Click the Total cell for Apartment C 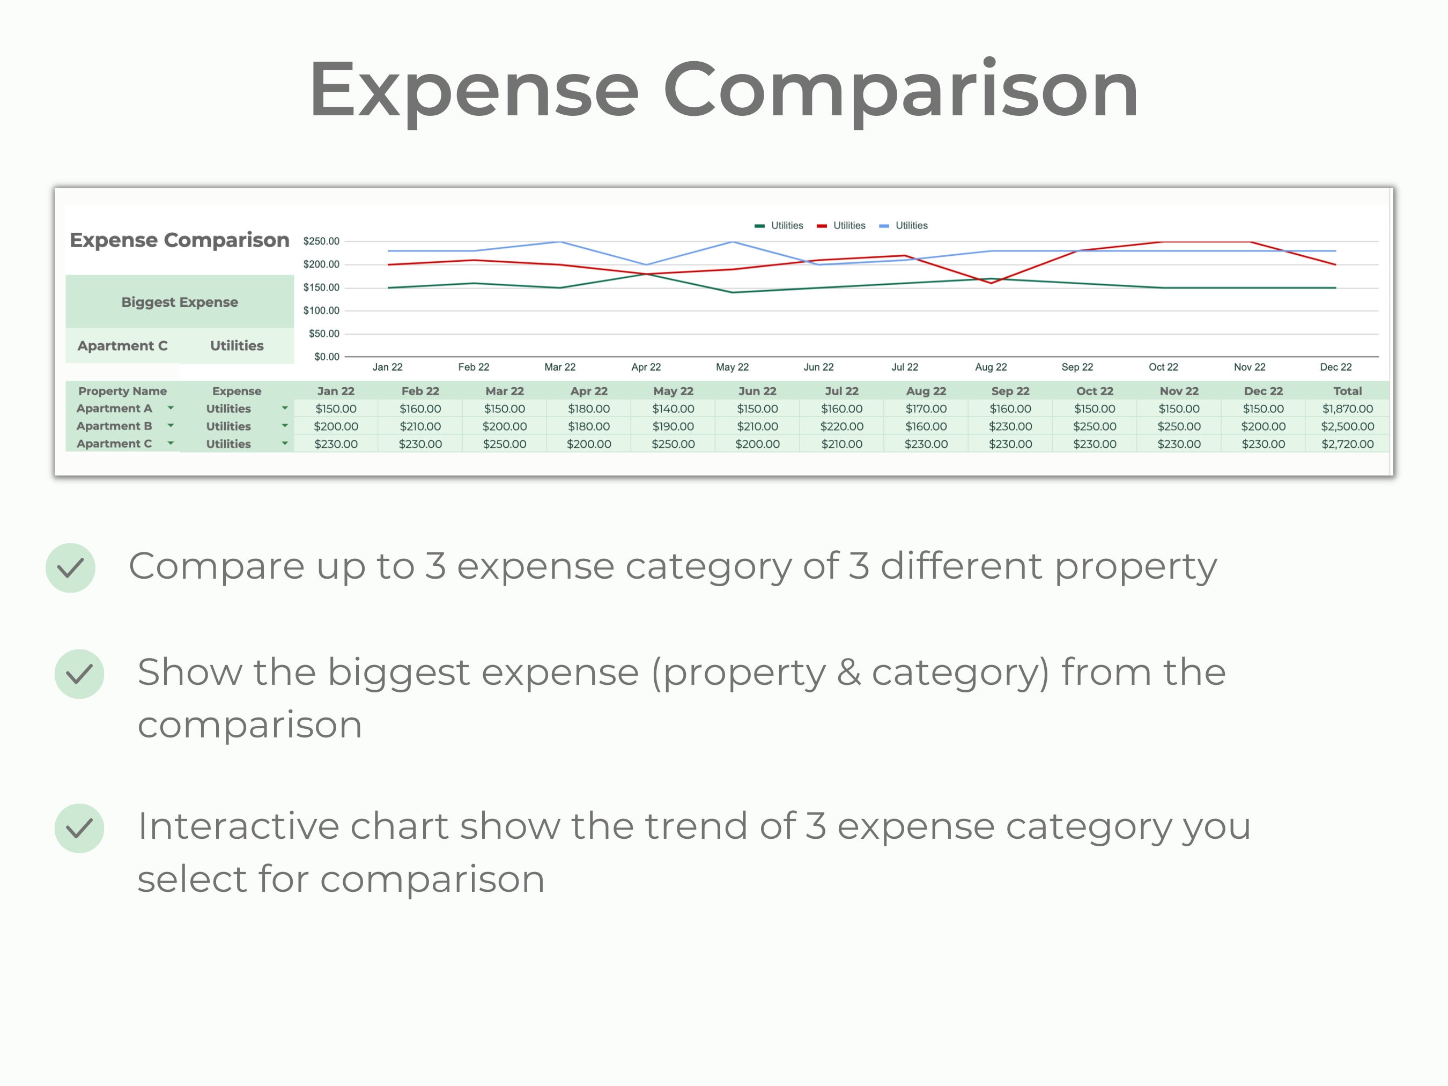pos(1347,444)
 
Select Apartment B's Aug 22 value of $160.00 pos(926,426)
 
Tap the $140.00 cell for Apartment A pos(673,409)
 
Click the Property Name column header pos(122,391)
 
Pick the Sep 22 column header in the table pos(1010,391)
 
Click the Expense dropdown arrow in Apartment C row pos(285,443)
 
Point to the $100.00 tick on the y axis pos(321,311)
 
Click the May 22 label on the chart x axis pos(732,367)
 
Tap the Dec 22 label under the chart pos(1335,367)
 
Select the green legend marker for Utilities pos(759,226)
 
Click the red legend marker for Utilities pos(822,226)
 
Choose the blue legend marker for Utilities pos(884,226)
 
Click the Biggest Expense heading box pos(179,302)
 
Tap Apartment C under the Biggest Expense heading pos(122,345)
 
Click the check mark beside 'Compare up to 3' pos(71,567)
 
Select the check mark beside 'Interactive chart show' pos(79,828)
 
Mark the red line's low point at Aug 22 pos(991,283)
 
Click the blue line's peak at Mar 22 pos(560,241)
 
